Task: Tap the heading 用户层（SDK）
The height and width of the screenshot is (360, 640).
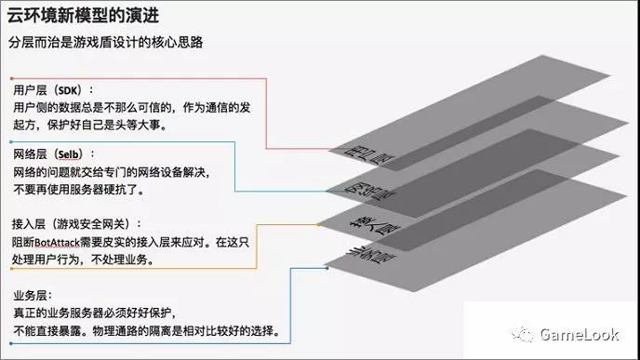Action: [53, 90]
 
